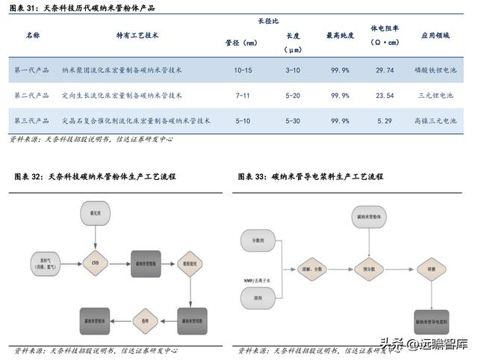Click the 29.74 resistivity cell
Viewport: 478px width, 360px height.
[x=385, y=69]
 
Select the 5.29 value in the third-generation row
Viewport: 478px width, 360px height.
[x=385, y=120]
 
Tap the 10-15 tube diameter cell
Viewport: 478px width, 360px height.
[x=243, y=69]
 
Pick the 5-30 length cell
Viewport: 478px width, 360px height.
[x=293, y=120]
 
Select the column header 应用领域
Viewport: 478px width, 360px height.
[x=438, y=35]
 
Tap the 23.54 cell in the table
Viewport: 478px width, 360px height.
[x=385, y=96]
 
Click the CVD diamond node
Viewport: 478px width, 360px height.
[x=95, y=263]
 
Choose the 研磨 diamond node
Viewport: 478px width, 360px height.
[x=431, y=267]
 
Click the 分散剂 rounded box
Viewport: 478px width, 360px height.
[x=258, y=240]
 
